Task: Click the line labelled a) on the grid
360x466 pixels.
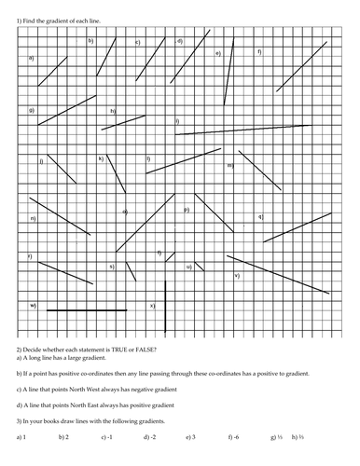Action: pos(53,70)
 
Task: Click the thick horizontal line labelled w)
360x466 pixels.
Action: pos(84,308)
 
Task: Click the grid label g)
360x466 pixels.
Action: pos(32,111)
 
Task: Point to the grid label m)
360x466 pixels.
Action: pos(229,165)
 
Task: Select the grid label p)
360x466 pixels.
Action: pos(187,210)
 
